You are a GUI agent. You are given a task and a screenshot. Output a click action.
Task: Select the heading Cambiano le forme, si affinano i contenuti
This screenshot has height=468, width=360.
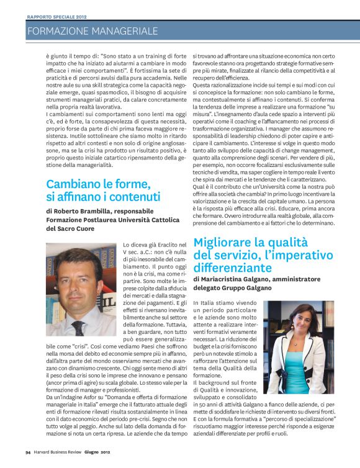103,190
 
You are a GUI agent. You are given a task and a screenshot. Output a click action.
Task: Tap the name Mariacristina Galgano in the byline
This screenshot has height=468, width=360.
240,281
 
